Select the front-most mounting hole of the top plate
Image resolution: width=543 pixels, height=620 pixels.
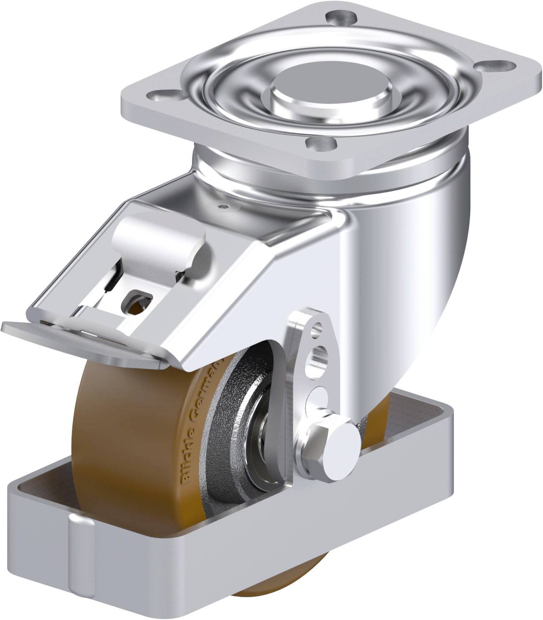(321, 145)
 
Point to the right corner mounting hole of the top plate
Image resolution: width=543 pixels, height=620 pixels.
(498, 66)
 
